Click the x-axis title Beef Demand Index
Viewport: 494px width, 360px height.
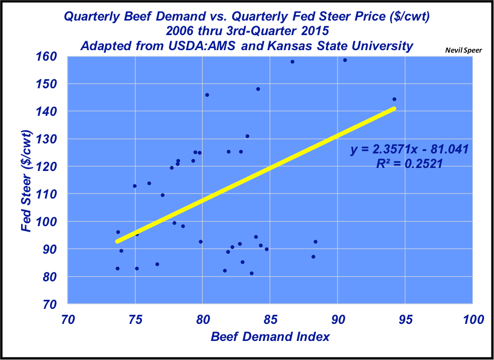pos(270,336)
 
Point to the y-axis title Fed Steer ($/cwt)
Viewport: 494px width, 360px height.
pos(27,181)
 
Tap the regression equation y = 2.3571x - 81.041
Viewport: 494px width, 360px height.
pos(409,149)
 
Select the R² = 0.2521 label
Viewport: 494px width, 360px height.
pos(409,163)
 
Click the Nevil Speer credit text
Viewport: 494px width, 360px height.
pos(460,50)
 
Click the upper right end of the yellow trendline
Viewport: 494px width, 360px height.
pos(394,108)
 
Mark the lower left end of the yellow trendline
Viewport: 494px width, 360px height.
pos(117,241)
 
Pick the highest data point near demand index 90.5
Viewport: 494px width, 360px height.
pos(345,60)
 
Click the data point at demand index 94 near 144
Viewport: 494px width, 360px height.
pos(394,99)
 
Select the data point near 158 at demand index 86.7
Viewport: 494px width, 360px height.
pos(292,62)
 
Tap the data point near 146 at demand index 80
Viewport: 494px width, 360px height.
pos(207,95)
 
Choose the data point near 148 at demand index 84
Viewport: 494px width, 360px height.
pos(258,89)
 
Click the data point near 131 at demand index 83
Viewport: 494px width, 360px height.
pos(247,136)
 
